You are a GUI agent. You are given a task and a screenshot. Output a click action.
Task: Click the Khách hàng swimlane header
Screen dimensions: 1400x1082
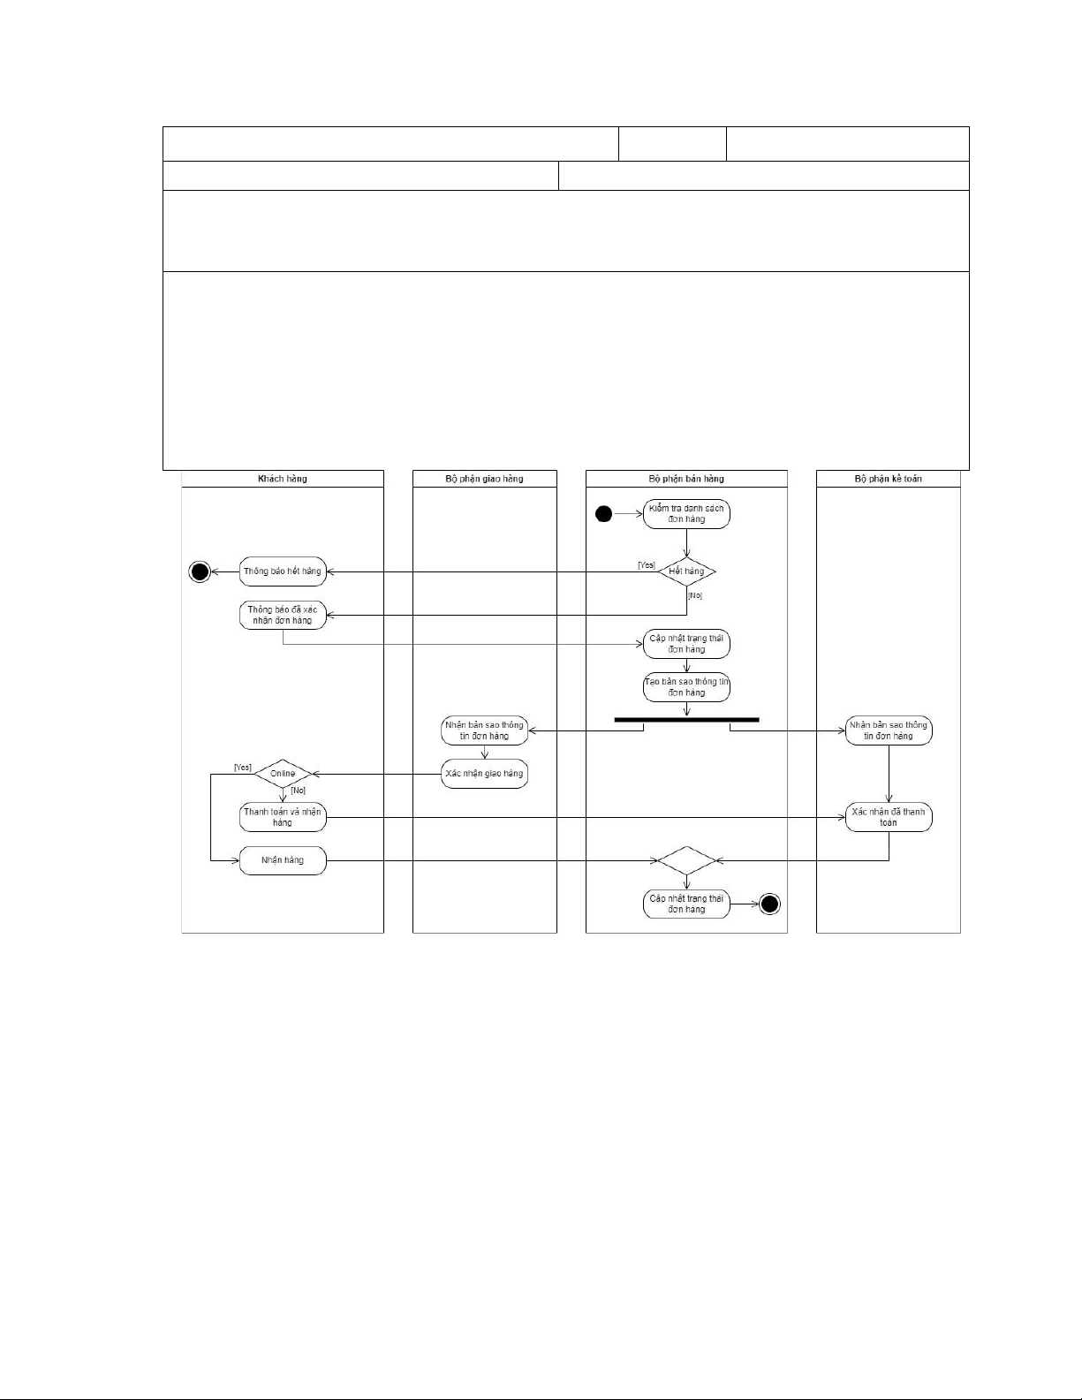tap(283, 479)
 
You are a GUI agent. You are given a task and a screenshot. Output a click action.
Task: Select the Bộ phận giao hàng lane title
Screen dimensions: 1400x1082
tap(484, 479)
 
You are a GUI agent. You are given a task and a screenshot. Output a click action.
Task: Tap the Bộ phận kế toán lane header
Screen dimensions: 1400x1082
tap(888, 479)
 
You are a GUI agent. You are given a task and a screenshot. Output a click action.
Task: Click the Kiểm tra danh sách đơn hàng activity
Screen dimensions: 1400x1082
tap(686, 514)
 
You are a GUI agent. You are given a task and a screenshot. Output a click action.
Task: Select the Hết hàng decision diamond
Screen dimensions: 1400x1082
tap(686, 571)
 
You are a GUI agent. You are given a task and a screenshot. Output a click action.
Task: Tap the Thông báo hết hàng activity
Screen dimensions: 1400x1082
tap(283, 571)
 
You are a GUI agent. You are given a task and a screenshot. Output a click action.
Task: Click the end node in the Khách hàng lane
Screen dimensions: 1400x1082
tap(201, 571)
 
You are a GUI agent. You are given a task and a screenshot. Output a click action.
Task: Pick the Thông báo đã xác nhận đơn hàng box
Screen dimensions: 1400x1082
tap(283, 615)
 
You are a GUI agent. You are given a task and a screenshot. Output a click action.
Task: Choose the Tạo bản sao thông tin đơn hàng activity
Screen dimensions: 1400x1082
tap(686, 687)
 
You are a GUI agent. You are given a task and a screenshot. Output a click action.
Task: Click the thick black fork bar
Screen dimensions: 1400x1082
tap(686, 720)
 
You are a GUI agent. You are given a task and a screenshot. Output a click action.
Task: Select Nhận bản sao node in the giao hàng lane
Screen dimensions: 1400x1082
tap(485, 730)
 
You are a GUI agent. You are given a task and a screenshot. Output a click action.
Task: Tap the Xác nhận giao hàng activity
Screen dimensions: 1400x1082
tap(485, 774)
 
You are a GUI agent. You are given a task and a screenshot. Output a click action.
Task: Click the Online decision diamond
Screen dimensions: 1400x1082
tap(283, 774)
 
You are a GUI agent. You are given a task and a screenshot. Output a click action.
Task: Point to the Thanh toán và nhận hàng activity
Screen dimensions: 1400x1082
tap(283, 817)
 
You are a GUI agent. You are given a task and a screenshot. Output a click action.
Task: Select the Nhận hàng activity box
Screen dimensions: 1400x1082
tap(283, 860)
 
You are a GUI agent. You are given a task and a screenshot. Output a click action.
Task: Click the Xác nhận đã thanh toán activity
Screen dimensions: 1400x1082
tap(889, 817)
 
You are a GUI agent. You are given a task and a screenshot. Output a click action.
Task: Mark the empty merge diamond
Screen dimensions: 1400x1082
tap(686, 860)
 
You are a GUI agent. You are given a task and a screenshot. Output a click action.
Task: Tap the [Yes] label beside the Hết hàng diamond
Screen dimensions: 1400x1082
tap(647, 565)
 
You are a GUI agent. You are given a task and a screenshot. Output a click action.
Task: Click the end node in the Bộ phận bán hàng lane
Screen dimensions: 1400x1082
tap(770, 904)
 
